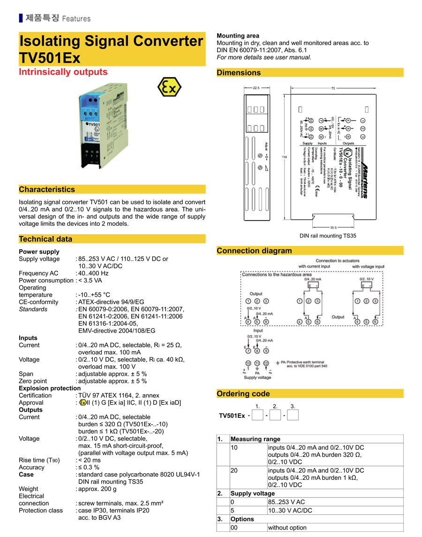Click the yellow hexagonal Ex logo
tap(169, 87)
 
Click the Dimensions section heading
tap(239, 73)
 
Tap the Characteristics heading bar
tap(47, 190)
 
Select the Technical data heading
tap(45, 239)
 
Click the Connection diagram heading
tap(254, 251)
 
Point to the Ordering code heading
tap(243, 394)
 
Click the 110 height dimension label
tap(284, 157)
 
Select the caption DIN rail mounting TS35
tap(328, 236)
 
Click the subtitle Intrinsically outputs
tap(63, 72)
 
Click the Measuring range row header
tap(255, 439)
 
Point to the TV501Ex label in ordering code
tap(232, 415)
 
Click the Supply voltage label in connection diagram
tap(257, 377)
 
